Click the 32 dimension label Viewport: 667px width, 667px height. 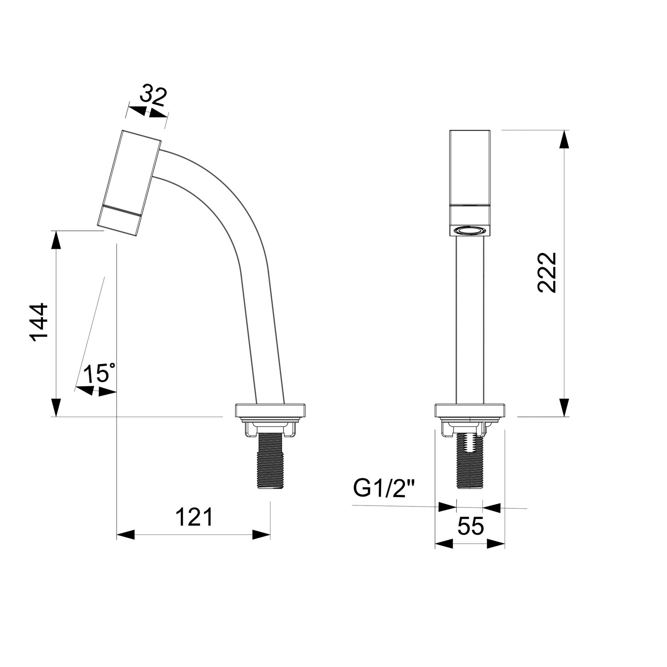tap(153, 96)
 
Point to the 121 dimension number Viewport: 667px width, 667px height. tap(194, 517)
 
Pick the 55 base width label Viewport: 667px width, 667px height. tap(470, 527)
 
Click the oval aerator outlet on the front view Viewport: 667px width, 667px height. tap(470, 230)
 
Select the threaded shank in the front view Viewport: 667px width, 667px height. tap(470, 460)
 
